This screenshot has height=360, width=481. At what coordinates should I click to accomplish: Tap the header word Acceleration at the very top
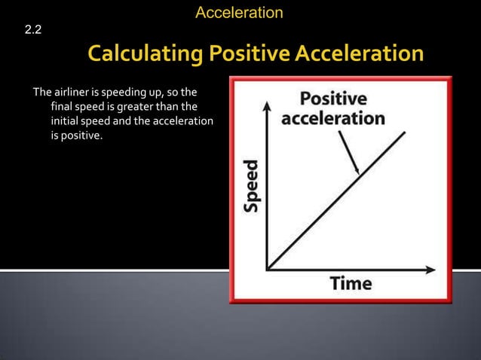(x=239, y=12)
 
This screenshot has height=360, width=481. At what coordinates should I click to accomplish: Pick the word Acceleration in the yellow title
(x=360, y=55)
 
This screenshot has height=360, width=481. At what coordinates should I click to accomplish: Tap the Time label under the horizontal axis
(x=351, y=283)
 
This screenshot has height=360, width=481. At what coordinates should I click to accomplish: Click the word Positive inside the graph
(x=332, y=99)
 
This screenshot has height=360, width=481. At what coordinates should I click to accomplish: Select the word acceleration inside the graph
(x=332, y=118)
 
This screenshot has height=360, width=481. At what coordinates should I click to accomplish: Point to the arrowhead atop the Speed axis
(x=266, y=105)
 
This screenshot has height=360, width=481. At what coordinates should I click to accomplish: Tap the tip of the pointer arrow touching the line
(x=359, y=174)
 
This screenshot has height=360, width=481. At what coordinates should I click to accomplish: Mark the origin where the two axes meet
(x=267, y=268)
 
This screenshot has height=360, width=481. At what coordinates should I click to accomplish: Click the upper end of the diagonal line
(x=405, y=133)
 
